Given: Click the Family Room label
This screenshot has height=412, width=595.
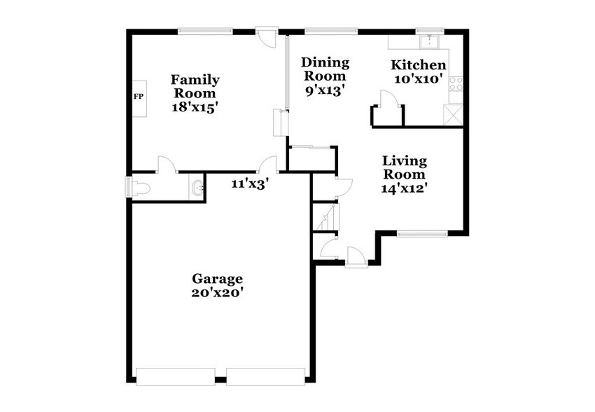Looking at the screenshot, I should coord(195,86).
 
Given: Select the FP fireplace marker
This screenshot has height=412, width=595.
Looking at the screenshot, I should coord(138,96).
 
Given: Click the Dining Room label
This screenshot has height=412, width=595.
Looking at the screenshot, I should coord(325,69).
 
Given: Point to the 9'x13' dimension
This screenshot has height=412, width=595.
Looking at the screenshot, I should coord(325,90).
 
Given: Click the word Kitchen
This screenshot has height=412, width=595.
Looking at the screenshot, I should coord(419,65).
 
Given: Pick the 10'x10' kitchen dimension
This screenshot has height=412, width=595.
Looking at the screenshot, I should coord(419,79).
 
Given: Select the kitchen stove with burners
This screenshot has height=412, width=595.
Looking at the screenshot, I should coord(456,84).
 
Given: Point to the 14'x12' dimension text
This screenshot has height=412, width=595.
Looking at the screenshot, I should coord(404,187).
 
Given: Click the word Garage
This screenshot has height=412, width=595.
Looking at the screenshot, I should coord(218,278).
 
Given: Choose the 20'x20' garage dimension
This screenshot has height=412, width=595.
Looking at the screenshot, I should coord(218,293).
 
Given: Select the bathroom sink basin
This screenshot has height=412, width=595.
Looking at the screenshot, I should coord(197,188).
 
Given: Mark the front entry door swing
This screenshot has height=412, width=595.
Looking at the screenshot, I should coord(356,256).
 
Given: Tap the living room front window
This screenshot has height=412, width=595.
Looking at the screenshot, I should coord(422,233).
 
